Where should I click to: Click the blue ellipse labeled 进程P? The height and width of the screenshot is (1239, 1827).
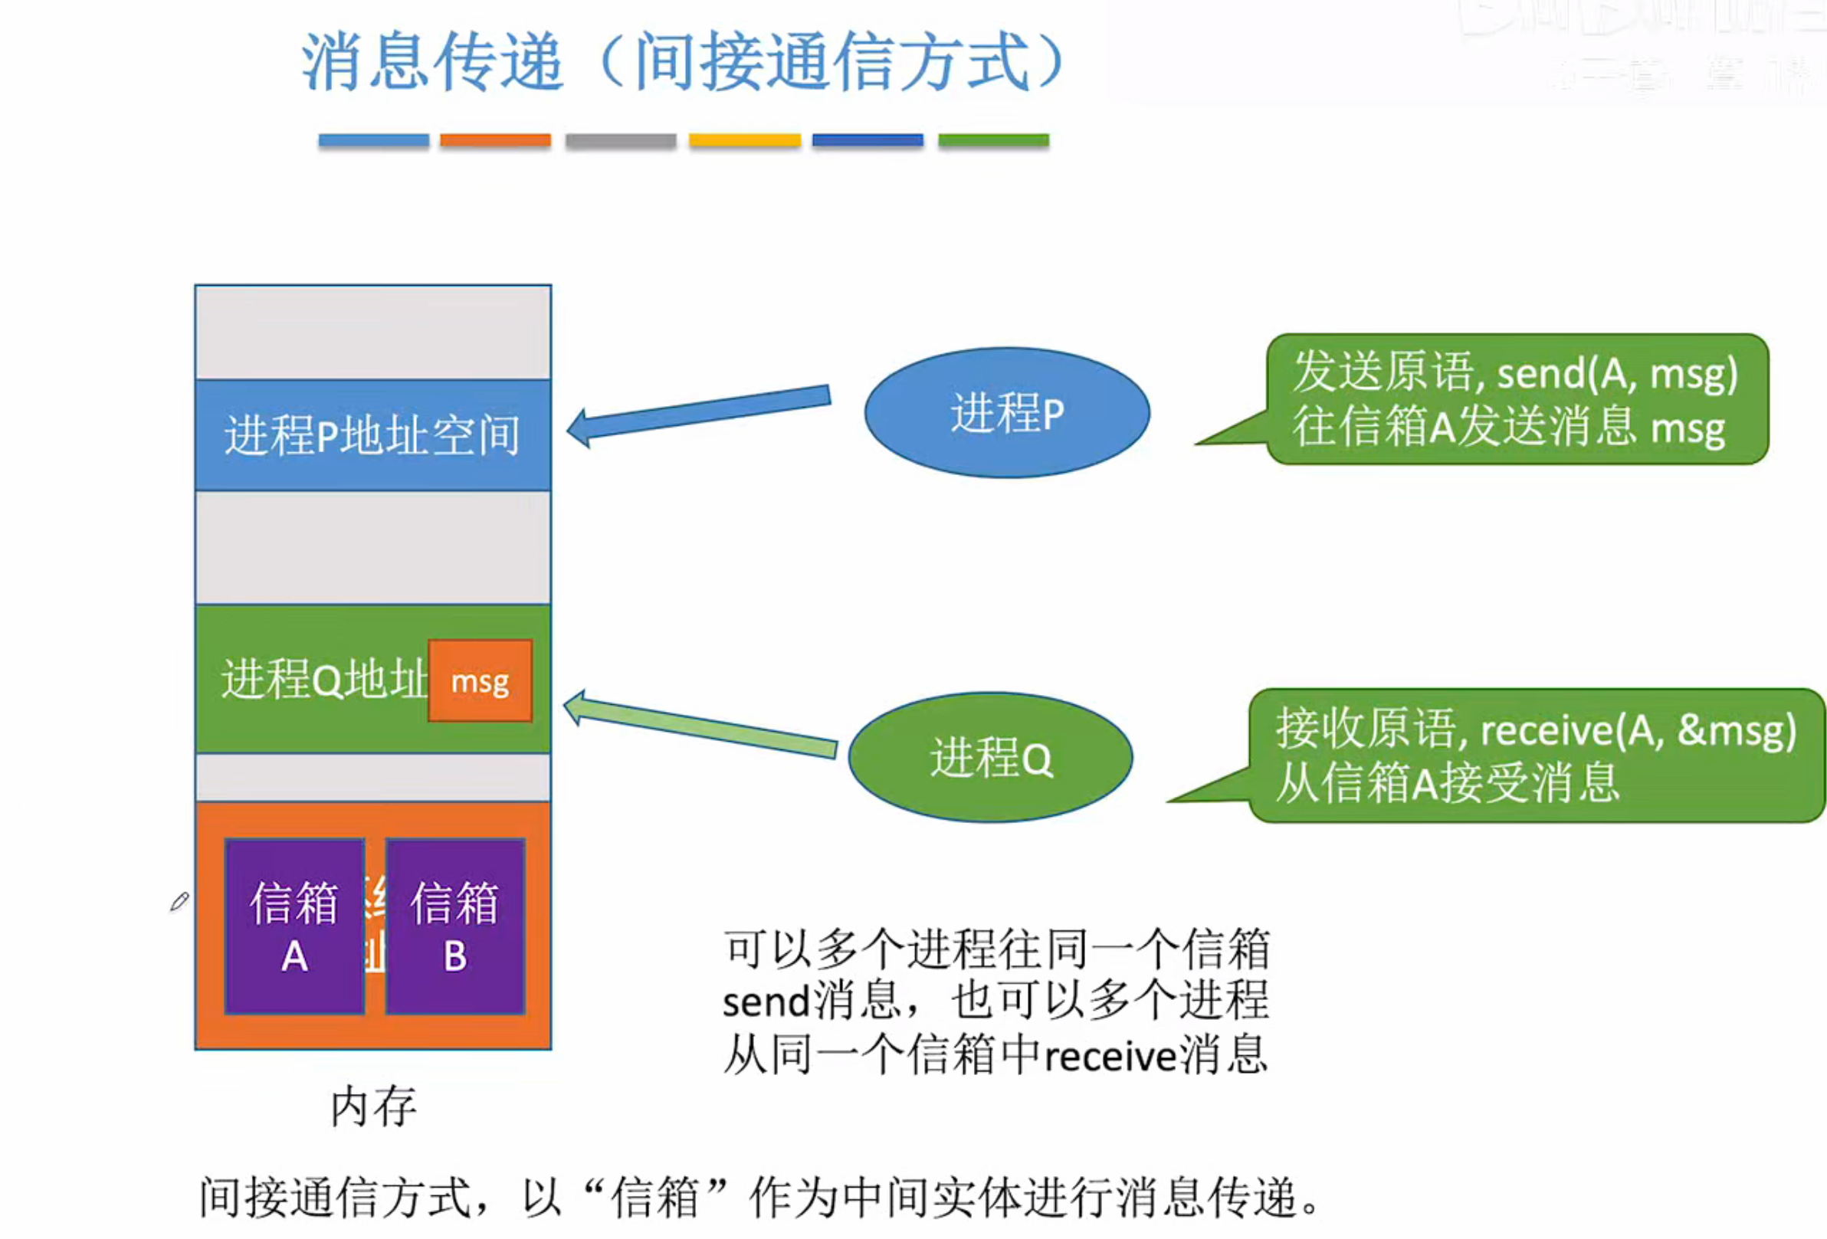coord(1007,413)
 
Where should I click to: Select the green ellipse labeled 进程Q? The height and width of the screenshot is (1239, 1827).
coord(991,758)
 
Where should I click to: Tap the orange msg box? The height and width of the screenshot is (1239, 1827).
coord(481,681)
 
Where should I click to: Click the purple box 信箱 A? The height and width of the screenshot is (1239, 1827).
coord(295,926)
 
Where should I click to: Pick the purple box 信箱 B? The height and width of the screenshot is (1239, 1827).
coord(455,926)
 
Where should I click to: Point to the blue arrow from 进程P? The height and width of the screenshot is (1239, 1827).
coord(700,413)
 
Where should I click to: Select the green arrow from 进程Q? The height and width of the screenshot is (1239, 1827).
coord(700,724)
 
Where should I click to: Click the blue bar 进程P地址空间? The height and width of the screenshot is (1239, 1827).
coord(372,434)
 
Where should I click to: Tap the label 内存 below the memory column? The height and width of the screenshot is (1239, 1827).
coord(373,1106)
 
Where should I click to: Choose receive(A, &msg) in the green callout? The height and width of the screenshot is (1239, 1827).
coord(1638,730)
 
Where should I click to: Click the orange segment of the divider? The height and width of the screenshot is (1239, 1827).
coord(495,140)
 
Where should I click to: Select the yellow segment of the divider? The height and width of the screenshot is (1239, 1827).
coord(744,140)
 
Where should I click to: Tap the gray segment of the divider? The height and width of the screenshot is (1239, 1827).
coord(620,140)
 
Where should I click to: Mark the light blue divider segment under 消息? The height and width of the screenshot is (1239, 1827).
coord(373,140)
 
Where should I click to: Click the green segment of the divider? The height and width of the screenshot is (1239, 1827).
coord(994,140)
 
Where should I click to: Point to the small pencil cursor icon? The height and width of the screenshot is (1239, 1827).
coord(179,901)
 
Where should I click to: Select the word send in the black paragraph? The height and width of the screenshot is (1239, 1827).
coord(766,1002)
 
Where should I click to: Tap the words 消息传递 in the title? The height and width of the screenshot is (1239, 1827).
coord(432,61)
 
